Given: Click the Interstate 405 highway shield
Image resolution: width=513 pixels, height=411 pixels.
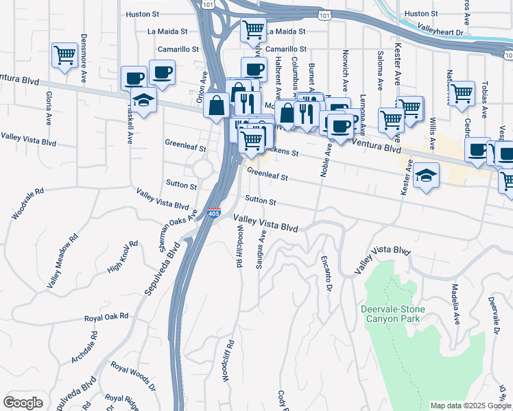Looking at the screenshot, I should (214, 214).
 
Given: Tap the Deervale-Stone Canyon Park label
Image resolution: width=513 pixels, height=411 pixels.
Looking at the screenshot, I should (393, 314).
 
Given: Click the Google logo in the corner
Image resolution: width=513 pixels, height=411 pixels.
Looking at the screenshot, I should (23, 403).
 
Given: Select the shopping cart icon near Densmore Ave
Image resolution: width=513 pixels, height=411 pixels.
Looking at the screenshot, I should (64, 55).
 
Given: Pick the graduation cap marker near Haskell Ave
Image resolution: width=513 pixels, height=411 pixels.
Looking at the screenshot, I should (143, 101).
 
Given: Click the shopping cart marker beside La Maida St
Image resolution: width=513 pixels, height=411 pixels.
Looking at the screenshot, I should (253, 30).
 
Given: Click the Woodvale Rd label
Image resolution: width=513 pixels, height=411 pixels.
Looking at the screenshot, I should (27, 204).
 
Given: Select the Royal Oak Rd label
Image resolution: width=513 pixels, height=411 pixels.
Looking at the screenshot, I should (106, 317).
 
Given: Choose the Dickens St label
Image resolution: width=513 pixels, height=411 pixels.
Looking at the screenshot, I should (281, 153).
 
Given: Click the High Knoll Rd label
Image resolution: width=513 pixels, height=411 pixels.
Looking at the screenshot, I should (123, 258).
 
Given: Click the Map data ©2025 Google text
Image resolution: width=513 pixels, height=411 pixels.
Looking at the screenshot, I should (470, 406).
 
